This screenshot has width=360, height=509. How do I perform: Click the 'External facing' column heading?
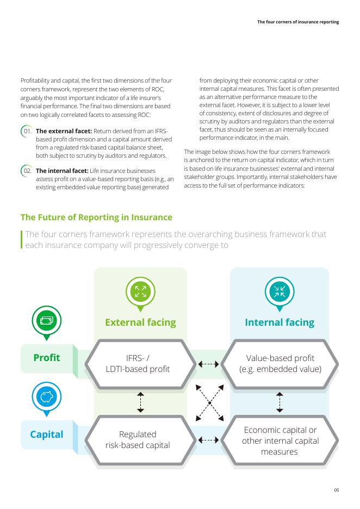[140, 322]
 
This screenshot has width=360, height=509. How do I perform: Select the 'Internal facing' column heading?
[280, 322]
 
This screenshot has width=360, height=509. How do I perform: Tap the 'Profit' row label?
[47, 358]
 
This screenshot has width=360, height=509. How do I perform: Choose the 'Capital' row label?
[47, 434]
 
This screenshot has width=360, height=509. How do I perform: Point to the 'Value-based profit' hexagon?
[280, 364]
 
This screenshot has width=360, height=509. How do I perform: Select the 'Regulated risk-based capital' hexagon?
[138, 440]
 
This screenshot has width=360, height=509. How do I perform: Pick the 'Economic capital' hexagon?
[280, 440]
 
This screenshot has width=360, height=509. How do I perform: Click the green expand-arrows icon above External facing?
[140, 291]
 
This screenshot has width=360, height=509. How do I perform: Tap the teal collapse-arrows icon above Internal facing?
[280, 291]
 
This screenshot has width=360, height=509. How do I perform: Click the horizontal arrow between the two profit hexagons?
[209, 364]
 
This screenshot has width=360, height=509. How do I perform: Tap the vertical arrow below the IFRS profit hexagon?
[140, 402]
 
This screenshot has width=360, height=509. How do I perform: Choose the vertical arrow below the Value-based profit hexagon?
[280, 402]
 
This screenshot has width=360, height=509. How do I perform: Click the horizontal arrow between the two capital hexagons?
[209, 440]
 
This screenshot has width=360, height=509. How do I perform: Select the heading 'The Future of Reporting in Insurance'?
[96, 218]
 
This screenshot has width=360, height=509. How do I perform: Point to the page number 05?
[337, 490]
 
